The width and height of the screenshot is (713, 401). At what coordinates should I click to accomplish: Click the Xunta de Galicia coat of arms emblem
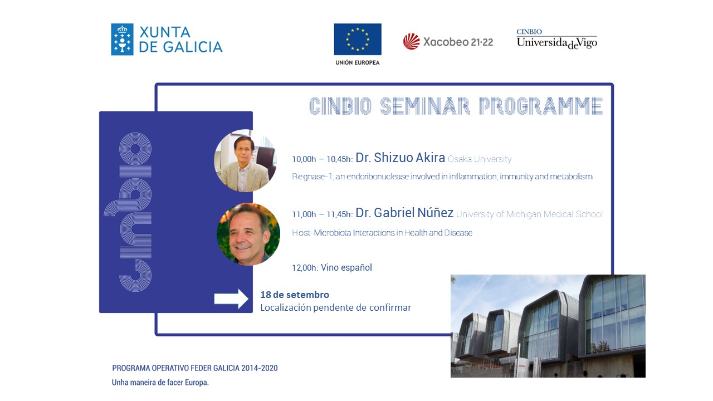pyautogui.click(x=122, y=40)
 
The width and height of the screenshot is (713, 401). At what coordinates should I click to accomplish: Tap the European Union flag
pyautogui.click(x=358, y=39)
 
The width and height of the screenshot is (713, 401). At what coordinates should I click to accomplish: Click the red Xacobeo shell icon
pyautogui.click(x=411, y=41)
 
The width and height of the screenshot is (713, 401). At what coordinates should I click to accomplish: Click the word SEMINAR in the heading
pyautogui.click(x=425, y=106)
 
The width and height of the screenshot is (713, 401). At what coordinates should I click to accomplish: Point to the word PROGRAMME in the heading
pyautogui.click(x=541, y=106)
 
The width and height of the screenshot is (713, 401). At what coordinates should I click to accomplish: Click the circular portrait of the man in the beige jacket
pyautogui.click(x=245, y=160)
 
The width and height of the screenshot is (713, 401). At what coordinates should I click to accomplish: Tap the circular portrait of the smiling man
pyautogui.click(x=248, y=234)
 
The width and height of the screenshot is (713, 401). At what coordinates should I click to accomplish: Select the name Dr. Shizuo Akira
pyautogui.click(x=400, y=158)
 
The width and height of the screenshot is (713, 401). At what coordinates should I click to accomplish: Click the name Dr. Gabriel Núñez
pyautogui.click(x=404, y=213)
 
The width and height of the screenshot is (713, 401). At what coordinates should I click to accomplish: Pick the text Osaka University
pyautogui.click(x=480, y=159)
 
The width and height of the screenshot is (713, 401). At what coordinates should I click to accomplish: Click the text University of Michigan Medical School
pyautogui.click(x=529, y=214)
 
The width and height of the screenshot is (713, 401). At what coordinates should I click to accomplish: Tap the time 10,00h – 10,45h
pyautogui.click(x=322, y=159)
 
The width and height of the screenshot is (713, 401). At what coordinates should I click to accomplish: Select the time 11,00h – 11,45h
pyautogui.click(x=322, y=214)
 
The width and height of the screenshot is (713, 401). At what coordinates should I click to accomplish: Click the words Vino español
pyautogui.click(x=346, y=267)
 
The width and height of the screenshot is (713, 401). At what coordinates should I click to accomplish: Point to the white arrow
pyautogui.click(x=231, y=299)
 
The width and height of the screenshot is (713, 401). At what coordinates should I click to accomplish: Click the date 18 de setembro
pyautogui.click(x=295, y=295)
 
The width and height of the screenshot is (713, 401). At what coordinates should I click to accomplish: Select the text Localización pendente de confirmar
pyautogui.click(x=336, y=308)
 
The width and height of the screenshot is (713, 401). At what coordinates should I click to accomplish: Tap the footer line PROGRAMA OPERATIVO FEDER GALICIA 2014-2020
pyautogui.click(x=195, y=368)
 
